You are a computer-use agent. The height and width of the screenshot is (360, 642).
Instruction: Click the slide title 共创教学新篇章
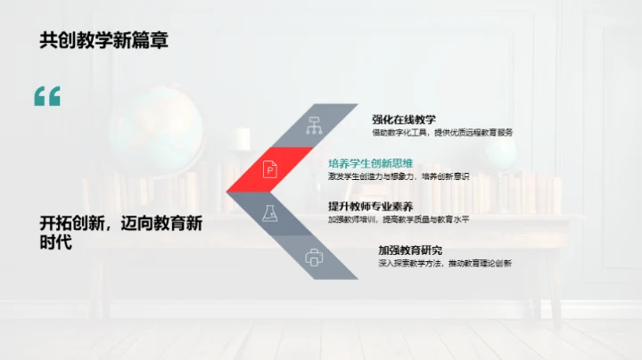click(103, 40)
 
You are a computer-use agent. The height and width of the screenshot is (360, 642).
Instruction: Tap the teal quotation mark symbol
click(47, 96)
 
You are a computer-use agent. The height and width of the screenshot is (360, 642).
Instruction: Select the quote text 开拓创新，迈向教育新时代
click(121, 233)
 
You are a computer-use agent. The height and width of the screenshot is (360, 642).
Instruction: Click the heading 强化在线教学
click(404, 119)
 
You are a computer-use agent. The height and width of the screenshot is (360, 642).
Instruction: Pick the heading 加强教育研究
click(409, 250)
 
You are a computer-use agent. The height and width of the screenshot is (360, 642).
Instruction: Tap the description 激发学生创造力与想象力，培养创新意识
click(399, 176)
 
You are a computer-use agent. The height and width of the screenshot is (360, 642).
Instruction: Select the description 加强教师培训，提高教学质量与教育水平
click(399, 219)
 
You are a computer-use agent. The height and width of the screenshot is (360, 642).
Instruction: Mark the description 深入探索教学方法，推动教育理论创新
click(445, 263)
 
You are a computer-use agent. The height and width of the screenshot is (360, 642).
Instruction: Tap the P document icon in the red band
click(269, 168)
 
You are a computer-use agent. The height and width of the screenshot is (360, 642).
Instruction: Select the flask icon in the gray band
click(268, 212)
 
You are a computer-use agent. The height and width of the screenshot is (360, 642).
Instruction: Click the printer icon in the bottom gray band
click(314, 258)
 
